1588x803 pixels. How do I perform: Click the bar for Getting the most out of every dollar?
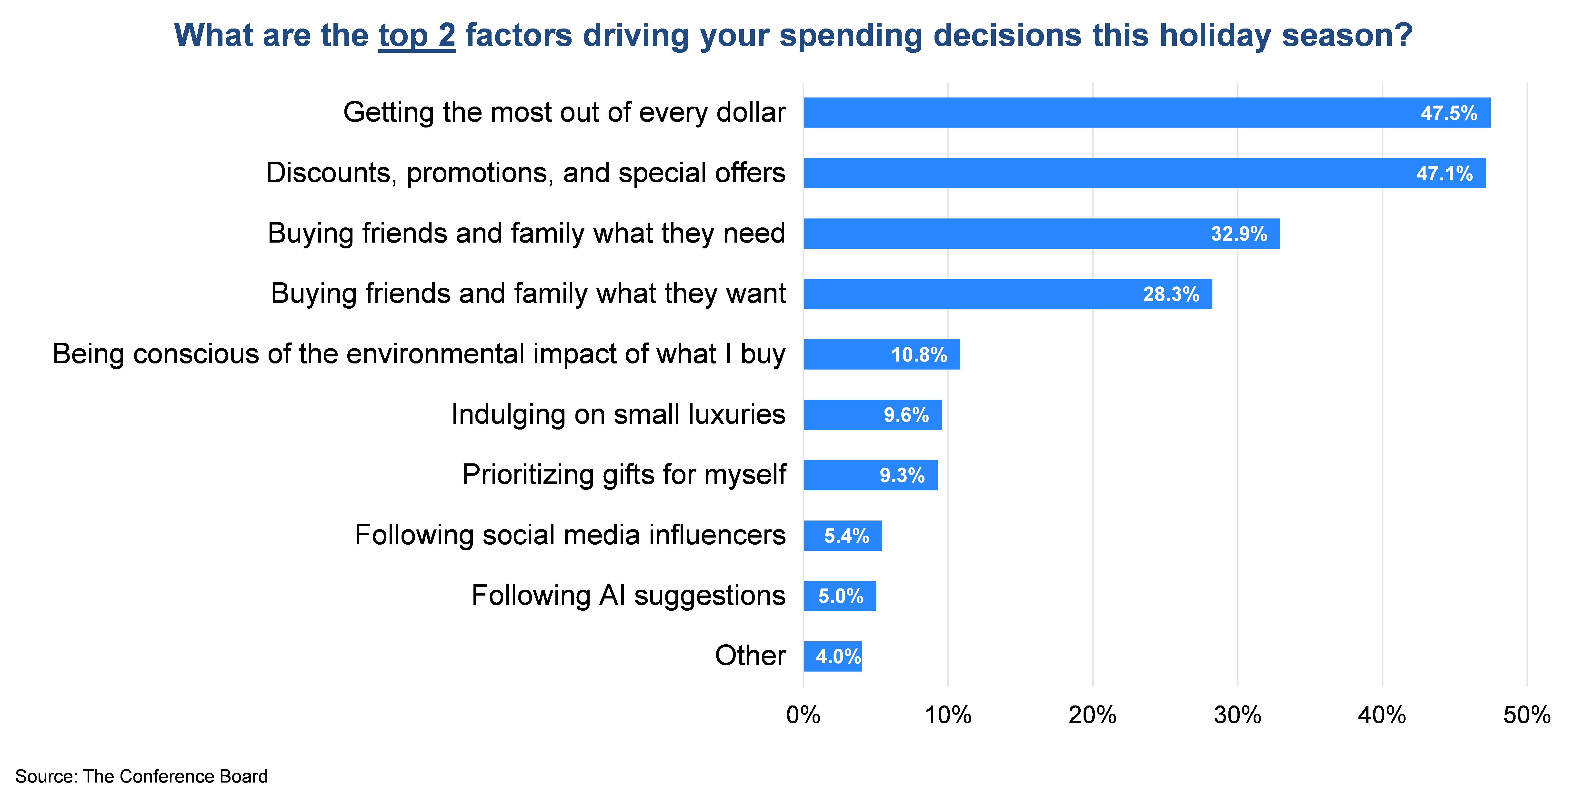(x=1147, y=113)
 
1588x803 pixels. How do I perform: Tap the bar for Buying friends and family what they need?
(x=1042, y=234)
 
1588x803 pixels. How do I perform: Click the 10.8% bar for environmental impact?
(x=882, y=354)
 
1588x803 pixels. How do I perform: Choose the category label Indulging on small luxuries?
(x=618, y=414)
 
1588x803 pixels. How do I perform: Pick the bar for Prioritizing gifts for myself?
(x=870, y=475)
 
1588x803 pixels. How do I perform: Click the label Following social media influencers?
(x=570, y=535)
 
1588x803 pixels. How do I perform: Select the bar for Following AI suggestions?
(x=840, y=596)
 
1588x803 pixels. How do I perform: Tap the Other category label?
(x=750, y=656)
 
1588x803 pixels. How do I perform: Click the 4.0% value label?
(x=838, y=656)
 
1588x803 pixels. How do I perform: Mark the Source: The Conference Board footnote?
(x=141, y=776)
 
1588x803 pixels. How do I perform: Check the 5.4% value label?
(x=846, y=536)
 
